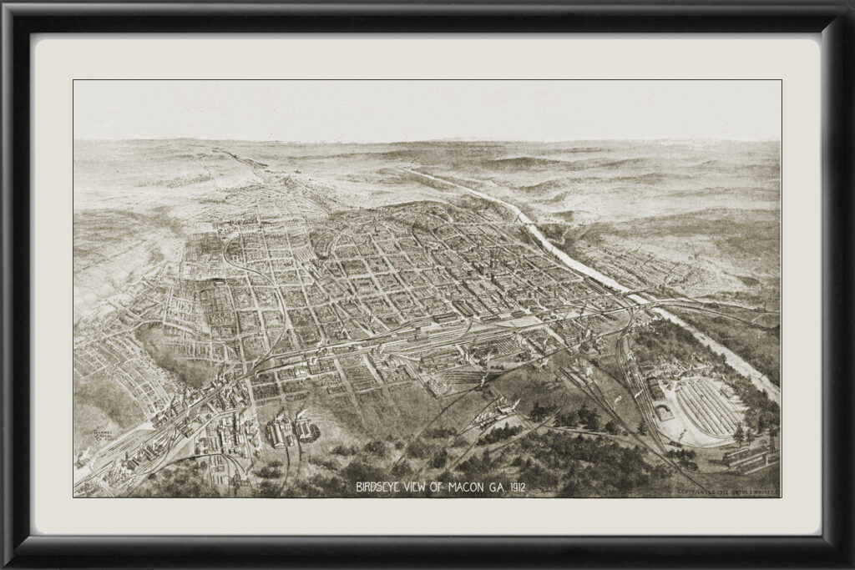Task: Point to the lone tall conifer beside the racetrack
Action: click(738, 433)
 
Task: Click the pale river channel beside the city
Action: click(576, 259)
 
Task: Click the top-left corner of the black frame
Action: click(7, 7)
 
